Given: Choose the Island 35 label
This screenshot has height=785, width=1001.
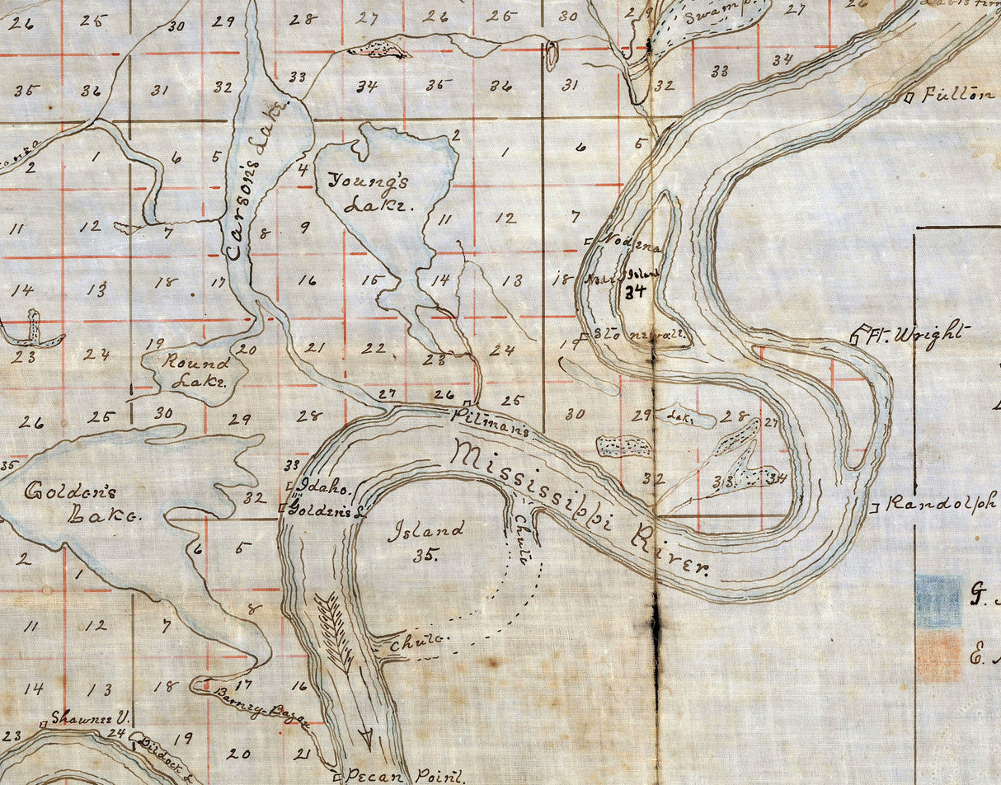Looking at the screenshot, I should coord(425,540).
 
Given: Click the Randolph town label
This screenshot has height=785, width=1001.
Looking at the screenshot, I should coord(941,503).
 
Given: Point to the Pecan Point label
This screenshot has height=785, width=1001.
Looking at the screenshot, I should coord(404,775).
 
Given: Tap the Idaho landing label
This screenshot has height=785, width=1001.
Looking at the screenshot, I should coord(326,487).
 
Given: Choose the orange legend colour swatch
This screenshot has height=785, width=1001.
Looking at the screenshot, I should coord(938,658).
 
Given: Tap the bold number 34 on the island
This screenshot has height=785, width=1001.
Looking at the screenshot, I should coord(634,290).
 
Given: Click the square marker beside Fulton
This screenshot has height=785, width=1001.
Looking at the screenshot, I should coord(909,98).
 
